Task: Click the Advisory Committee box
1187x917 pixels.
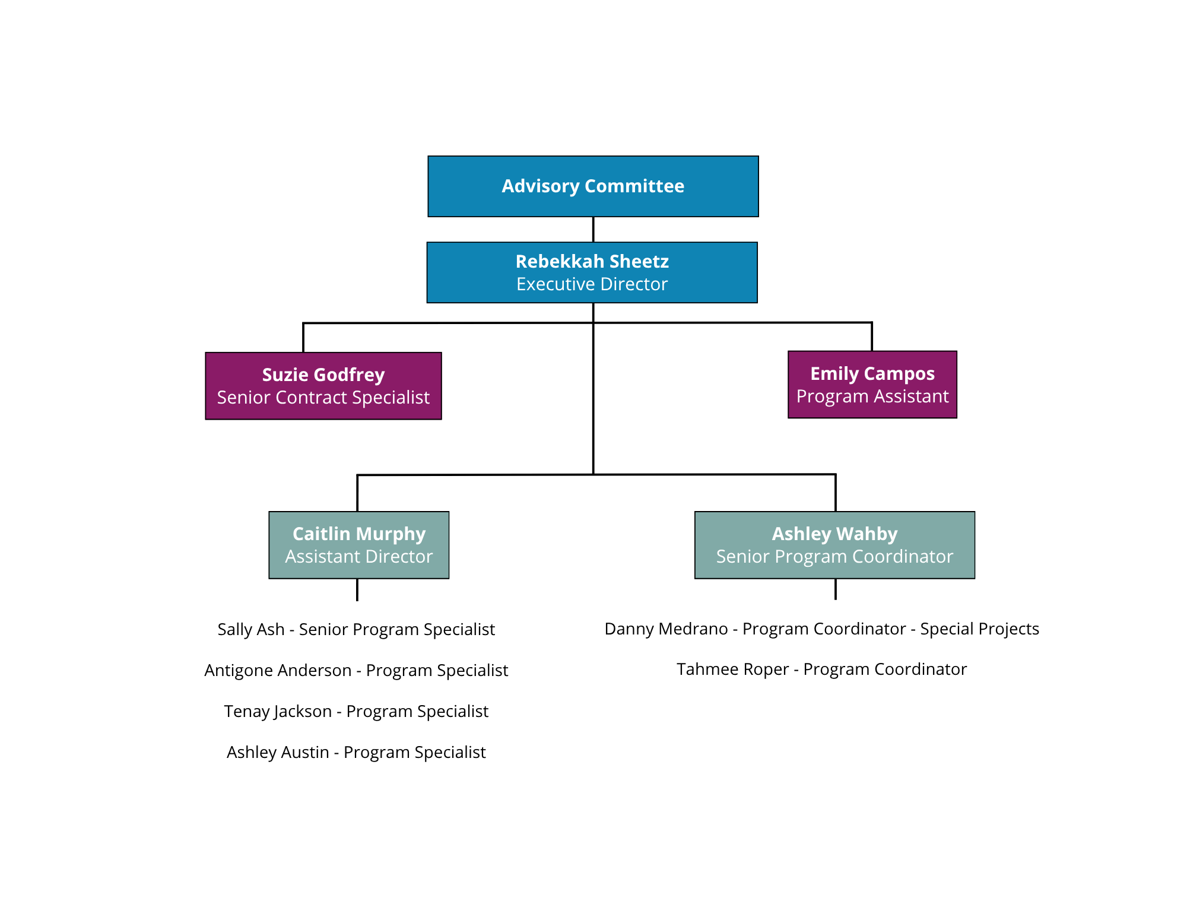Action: tap(593, 186)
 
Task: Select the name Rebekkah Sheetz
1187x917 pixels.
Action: tap(592, 261)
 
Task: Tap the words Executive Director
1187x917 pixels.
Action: tap(592, 284)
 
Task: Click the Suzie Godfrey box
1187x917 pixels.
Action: tap(323, 386)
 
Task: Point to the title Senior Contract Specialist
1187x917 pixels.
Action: tap(323, 397)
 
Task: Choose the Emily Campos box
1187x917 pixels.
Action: tap(872, 385)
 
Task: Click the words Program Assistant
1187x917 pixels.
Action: tap(872, 396)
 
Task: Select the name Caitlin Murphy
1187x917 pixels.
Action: tap(359, 534)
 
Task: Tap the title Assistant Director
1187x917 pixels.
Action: tap(359, 557)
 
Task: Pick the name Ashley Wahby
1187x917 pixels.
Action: tap(834, 534)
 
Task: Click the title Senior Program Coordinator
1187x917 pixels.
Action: tap(834, 557)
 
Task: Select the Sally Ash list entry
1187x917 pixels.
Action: tap(356, 629)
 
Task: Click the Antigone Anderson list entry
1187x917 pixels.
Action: tap(356, 670)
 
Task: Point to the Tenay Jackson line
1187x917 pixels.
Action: tap(356, 711)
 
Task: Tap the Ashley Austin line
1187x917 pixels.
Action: tap(356, 752)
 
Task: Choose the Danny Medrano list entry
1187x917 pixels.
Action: tap(821, 629)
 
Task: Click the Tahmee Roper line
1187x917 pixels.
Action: tap(821, 669)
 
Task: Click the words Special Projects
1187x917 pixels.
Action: tap(979, 629)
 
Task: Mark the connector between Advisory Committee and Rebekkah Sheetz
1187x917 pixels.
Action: tap(593, 230)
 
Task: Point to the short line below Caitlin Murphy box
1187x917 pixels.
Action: tap(357, 590)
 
